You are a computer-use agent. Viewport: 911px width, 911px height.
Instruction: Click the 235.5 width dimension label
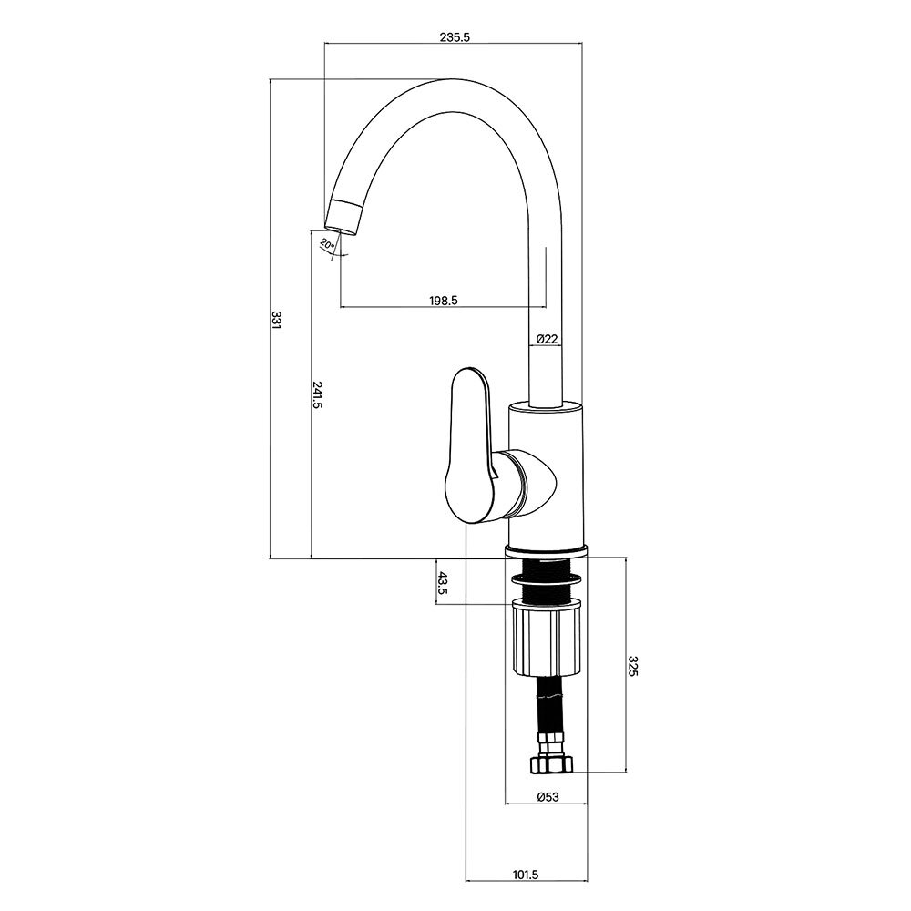(x=455, y=37)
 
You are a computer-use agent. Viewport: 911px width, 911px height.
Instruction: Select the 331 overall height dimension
(x=276, y=320)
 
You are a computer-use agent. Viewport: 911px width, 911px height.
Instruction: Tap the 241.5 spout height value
(x=317, y=395)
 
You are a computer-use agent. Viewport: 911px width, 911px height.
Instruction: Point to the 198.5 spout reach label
(x=444, y=301)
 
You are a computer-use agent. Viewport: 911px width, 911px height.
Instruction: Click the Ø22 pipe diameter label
(x=547, y=339)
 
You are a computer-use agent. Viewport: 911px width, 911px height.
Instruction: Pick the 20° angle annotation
(x=328, y=244)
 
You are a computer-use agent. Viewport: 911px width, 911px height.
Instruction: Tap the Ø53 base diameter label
(x=547, y=797)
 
